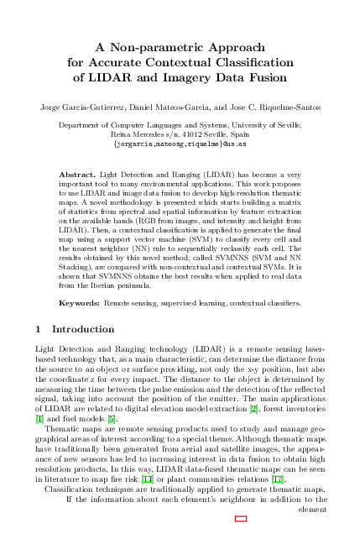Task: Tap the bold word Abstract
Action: pos(76,174)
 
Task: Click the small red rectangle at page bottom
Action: pos(241,519)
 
